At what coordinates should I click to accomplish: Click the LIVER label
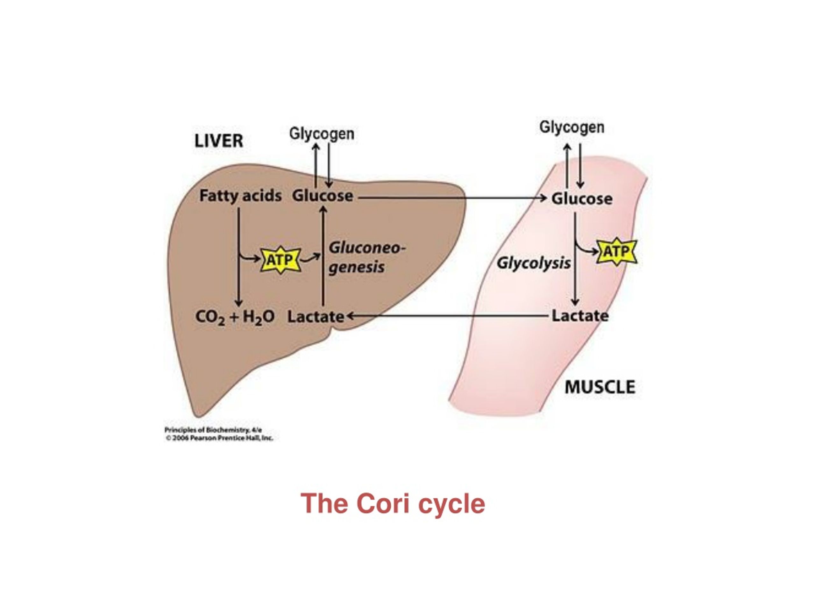(x=218, y=141)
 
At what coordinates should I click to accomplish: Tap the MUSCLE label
(x=600, y=387)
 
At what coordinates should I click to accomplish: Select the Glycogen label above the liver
(x=322, y=133)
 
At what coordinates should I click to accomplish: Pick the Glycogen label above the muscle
(x=572, y=127)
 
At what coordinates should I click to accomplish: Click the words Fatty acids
(x=240, y=196)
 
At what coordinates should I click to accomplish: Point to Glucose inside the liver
(x=322, y=196)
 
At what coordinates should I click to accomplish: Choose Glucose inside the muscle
(x=582, y=199)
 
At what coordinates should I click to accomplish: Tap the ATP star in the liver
(x=280, y=260)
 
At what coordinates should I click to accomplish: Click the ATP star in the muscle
(x=616, y=252)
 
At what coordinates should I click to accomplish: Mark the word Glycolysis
(x=534, y=263)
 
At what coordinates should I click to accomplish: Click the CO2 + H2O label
(x=235, y=317)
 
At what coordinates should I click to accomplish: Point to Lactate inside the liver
(x=315, y=317)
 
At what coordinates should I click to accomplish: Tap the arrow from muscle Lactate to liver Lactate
(x=446, y=316)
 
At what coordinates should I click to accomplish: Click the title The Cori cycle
(x=393, y=504)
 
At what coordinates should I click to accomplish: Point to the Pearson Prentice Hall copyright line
(x=220, y=438)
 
